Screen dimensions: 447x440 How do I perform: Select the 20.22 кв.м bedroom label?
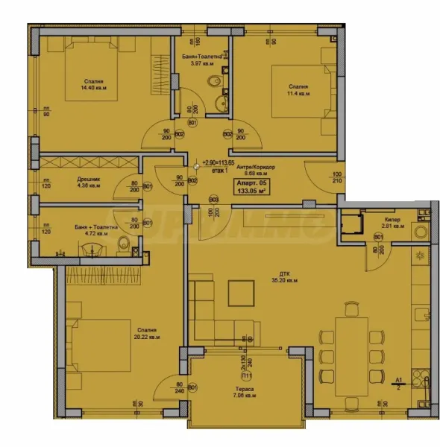(145, 334)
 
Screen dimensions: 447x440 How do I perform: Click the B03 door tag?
(213, 199)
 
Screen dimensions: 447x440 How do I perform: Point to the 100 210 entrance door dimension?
(326, 178)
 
